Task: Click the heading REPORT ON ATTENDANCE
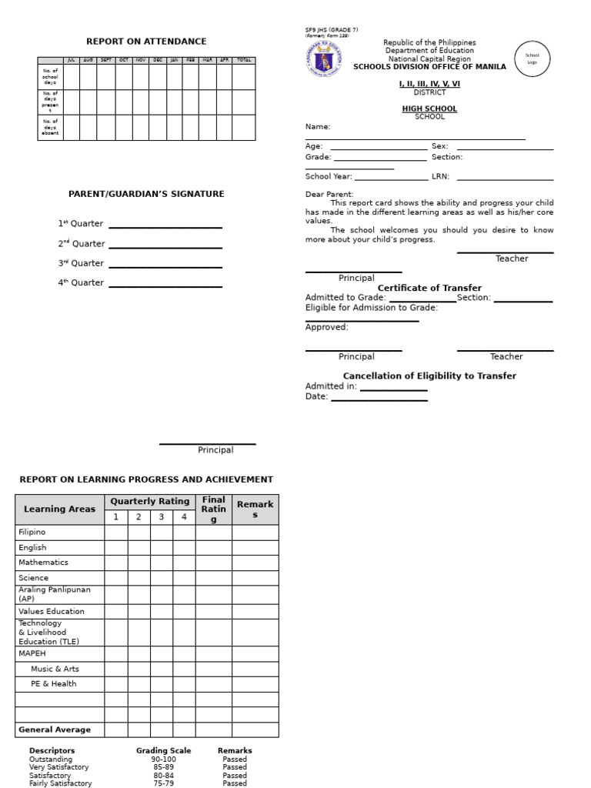[146, 42]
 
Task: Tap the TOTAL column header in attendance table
[243, 60]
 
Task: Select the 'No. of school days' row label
[50, 76]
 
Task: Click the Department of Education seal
[325, 59]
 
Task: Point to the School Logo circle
[532, 59]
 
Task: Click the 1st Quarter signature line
[165, 227]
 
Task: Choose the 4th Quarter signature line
[165, 286]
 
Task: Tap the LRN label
[440, 176]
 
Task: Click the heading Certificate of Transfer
[429, 288]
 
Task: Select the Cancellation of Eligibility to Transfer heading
[429, 376]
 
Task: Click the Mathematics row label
[44, 563]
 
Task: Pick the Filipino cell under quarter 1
[115, 533]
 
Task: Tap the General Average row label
[55, 730]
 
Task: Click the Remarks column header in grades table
[255, 509]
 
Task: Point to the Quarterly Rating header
[149, 502]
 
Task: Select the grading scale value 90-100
[163, 760]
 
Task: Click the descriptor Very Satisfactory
[58, 767]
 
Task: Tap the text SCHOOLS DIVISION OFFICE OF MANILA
[429, 67]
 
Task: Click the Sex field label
[439, 146]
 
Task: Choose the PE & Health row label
[53, 684]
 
